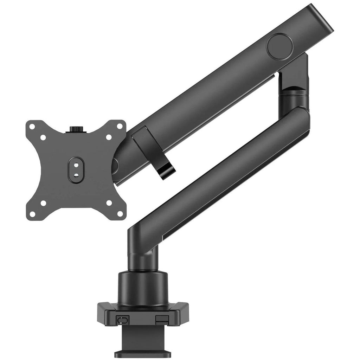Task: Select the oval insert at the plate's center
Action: pyautogui.click(x=76, y=170)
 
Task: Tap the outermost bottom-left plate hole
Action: pyautogui.click(x=32, y=213)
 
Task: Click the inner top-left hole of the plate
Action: pyautogui.click(x=43, y=137)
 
